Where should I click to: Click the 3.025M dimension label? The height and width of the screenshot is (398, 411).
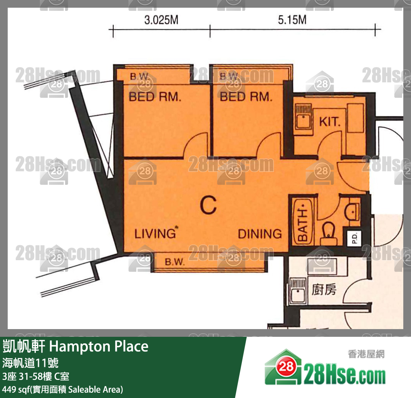[x=161, y=20]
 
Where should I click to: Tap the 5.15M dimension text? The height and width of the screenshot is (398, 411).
[x=292, y=20]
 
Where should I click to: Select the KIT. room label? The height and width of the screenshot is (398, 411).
[x=330, y=122]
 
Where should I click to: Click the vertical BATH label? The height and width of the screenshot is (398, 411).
[x=303, y=222]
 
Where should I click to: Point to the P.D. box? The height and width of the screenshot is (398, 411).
[x=354, y=238]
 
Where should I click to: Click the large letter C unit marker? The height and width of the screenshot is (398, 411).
[x=208, y=205]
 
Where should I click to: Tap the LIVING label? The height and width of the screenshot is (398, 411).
[x=156, y=234]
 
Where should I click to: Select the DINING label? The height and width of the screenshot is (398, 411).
[x=260, y=234]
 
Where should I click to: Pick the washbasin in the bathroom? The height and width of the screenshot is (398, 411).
[x=352, y=211]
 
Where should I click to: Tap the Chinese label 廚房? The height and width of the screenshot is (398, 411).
[x=324, y=290]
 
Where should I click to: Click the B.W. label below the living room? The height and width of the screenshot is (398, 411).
[x=175, y=262]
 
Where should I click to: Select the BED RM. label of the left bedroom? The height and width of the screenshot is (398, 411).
[x=155, y=97]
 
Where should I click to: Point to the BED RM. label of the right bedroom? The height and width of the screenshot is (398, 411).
[x=246, y=97]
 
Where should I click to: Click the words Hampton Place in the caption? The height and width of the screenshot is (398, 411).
[x=99, y=346]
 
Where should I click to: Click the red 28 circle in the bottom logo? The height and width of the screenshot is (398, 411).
[x=286, y=367]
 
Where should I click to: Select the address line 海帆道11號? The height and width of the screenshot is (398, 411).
[x=30, y=363]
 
